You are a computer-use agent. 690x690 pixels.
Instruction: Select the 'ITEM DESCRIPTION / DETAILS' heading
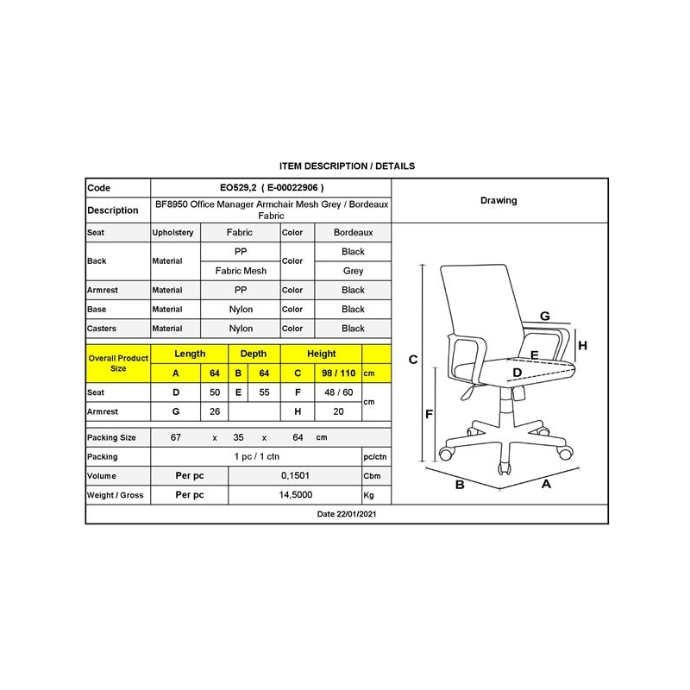point(348,166)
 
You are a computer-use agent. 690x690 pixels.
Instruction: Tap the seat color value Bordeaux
point(353,233)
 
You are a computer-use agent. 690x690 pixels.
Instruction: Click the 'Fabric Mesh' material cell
point(241,271)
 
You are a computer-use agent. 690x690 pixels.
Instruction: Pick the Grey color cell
point(353,271)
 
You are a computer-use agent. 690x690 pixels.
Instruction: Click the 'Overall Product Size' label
point(118,363)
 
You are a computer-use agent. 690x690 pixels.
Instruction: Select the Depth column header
point(254,354)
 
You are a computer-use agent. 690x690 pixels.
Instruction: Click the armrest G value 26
point(215,412)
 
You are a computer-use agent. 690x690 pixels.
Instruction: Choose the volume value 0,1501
point(294,476)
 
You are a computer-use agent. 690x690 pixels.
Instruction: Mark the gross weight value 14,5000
point(294,496)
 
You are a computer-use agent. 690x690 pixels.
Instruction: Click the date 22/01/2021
point(348,513)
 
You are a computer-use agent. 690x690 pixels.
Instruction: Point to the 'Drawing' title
point(499,200)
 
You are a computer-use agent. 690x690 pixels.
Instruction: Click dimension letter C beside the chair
point(413,360)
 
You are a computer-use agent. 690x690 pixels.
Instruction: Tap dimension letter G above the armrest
point(545,317)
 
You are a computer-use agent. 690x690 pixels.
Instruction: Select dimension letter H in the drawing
point(582,346)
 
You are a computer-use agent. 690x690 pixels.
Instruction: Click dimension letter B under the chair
point(460,485)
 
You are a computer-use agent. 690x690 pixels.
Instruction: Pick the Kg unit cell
point(370,496)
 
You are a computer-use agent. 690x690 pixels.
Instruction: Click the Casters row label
point(102,329)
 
